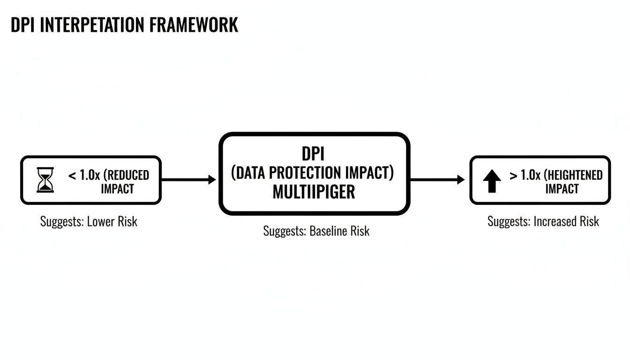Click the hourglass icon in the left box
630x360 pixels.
pyautogui.click(x=45, y=180)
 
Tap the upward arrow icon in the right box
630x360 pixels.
pyautogui.click(x=492, y=181)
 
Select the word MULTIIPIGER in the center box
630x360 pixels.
pyautogui.click(x=314, y=192)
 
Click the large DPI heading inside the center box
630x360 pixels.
pyautogui.click(x=314, y=154)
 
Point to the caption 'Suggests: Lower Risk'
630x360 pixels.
pyautogui.click(x=89, y=221)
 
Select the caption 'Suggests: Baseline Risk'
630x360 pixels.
pyautogui.click(x=316, y=231)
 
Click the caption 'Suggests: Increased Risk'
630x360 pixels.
pyautogui.click(x=543, y=221)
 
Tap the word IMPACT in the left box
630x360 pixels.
pyautogui.click(x=117, y=189)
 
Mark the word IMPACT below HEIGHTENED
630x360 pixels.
pyautogui.click(x=562, y=189)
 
